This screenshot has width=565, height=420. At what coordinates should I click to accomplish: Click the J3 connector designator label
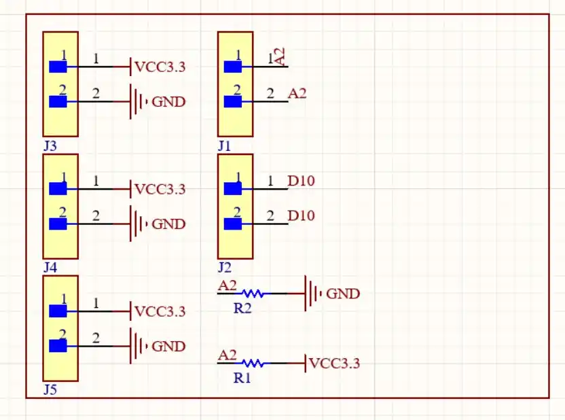pyautogui.click(x=50, y=145)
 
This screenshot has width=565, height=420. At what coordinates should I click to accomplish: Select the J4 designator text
pyautogui.click(x=50, y=268)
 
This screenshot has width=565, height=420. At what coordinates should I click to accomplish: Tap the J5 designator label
pyautogui.click(x=50, y=390)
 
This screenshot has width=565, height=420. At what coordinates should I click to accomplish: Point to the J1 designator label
pyautogui.click(x=225, y=145)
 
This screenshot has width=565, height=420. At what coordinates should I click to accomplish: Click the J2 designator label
pyautogui.click(x=225, y=268)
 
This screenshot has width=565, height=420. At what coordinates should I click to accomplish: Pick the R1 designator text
pyautogui.click(x=242, y=378)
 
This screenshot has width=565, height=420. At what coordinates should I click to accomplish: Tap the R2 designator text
pyautogui.click(x=242, y=308)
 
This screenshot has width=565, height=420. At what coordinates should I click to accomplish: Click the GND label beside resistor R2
pyautogui.click(x=343, y=294)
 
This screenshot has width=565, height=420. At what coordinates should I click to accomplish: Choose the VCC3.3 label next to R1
pyautogui.click(x=334, y=364)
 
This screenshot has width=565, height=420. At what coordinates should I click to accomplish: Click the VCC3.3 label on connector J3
pyautogui.click(x=160, y=67)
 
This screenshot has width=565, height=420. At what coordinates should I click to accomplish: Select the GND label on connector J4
pyautogui.click(x=168, y=224)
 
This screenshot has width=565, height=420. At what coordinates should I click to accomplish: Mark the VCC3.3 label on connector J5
pyautogui.click(x=160, y=312)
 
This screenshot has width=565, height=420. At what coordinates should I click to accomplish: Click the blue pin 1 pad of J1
pyautogui.click(x=233, y=67)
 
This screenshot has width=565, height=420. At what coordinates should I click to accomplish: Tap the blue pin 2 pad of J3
pyautogui.click(x=58, y=102)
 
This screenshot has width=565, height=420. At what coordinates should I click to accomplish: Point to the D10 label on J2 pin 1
pyautogui.click(x=301, y=181)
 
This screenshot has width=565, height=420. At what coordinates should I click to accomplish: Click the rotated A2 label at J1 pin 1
pyautogui.click(x=279, y=56)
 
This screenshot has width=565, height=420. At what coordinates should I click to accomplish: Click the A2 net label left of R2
pyautogui.click(x=227, y=286)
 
